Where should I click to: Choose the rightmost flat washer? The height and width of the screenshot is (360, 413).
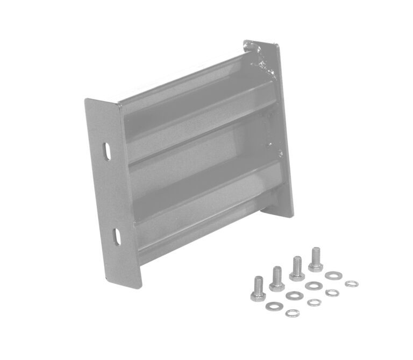pyautogui.click(x=333, y=276)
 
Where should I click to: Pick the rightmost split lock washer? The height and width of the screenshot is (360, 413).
pyautogui.click(x=352, y=284)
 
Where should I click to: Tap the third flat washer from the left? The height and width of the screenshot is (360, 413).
pyautogui.click(x=314, y=286)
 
